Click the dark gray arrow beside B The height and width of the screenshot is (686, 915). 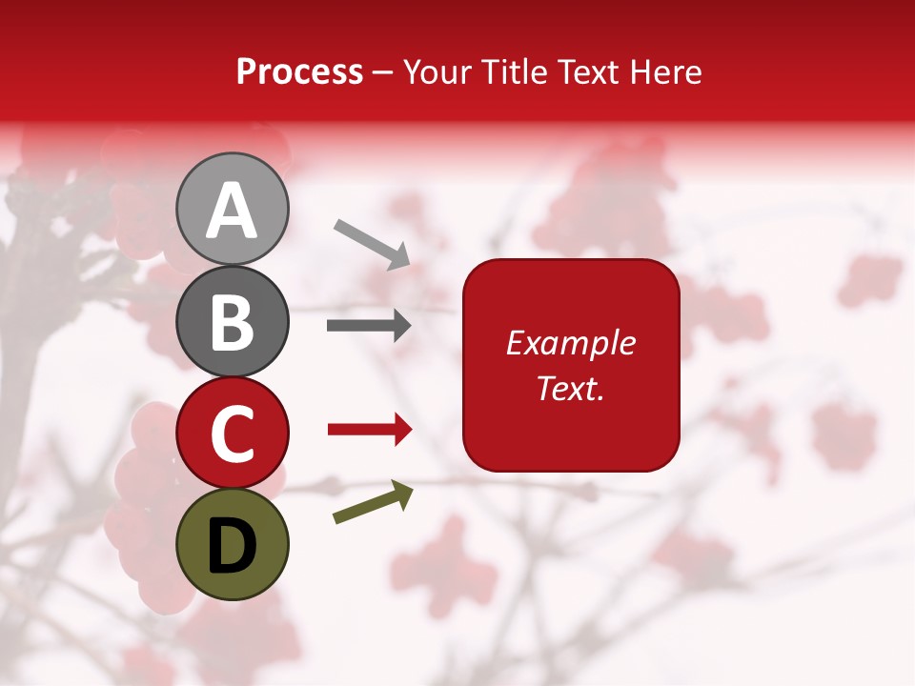point(369,326)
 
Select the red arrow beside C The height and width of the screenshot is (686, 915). point(369,431)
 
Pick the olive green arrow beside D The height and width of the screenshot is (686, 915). point(373,503)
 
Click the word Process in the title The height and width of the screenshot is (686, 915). point(299,71)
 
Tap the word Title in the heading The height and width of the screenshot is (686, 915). point(511,71)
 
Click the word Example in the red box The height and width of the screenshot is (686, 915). point(571,343)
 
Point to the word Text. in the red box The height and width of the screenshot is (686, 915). point(571,388)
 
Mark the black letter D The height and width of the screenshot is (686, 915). point(233,545)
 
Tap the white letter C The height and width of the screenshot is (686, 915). point(233,434)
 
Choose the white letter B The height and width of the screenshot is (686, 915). point(233,322)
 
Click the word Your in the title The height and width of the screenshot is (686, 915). point(440,71)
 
